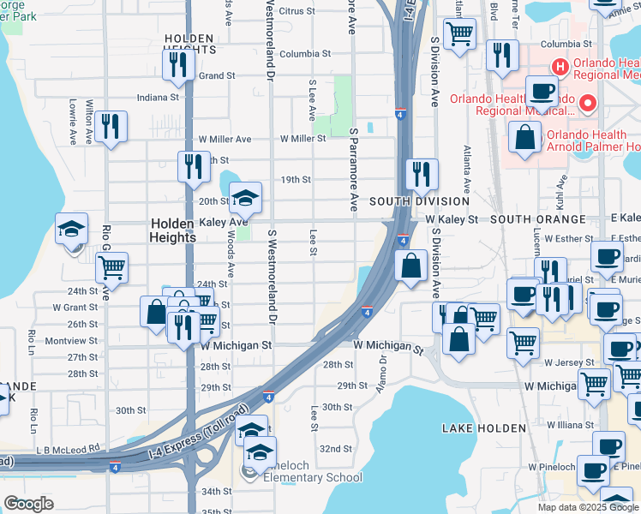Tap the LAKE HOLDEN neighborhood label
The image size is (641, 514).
coord(471,427)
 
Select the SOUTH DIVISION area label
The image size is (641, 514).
coord(419,201)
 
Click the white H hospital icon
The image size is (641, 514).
coord(560,65)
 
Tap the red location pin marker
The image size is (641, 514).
coord(588,105)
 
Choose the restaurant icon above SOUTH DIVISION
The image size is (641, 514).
coord(421,173)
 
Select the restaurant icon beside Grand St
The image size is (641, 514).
coord(179,65)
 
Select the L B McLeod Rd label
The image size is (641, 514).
coord(69,447)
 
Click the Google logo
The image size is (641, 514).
coord(28,504)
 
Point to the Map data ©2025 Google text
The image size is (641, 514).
coord(587,507)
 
